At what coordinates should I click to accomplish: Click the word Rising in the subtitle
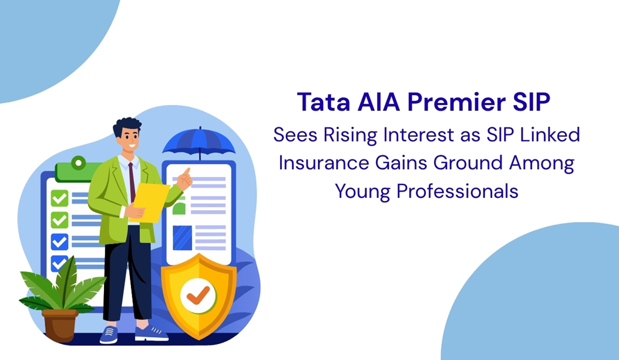[x=352, y=134]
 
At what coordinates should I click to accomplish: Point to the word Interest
[x=419, y=134]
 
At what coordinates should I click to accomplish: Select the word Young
[x=361, y=191]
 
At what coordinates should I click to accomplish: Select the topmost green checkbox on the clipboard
[x=59, y=198]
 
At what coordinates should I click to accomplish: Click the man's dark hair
[x=126, y=125]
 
